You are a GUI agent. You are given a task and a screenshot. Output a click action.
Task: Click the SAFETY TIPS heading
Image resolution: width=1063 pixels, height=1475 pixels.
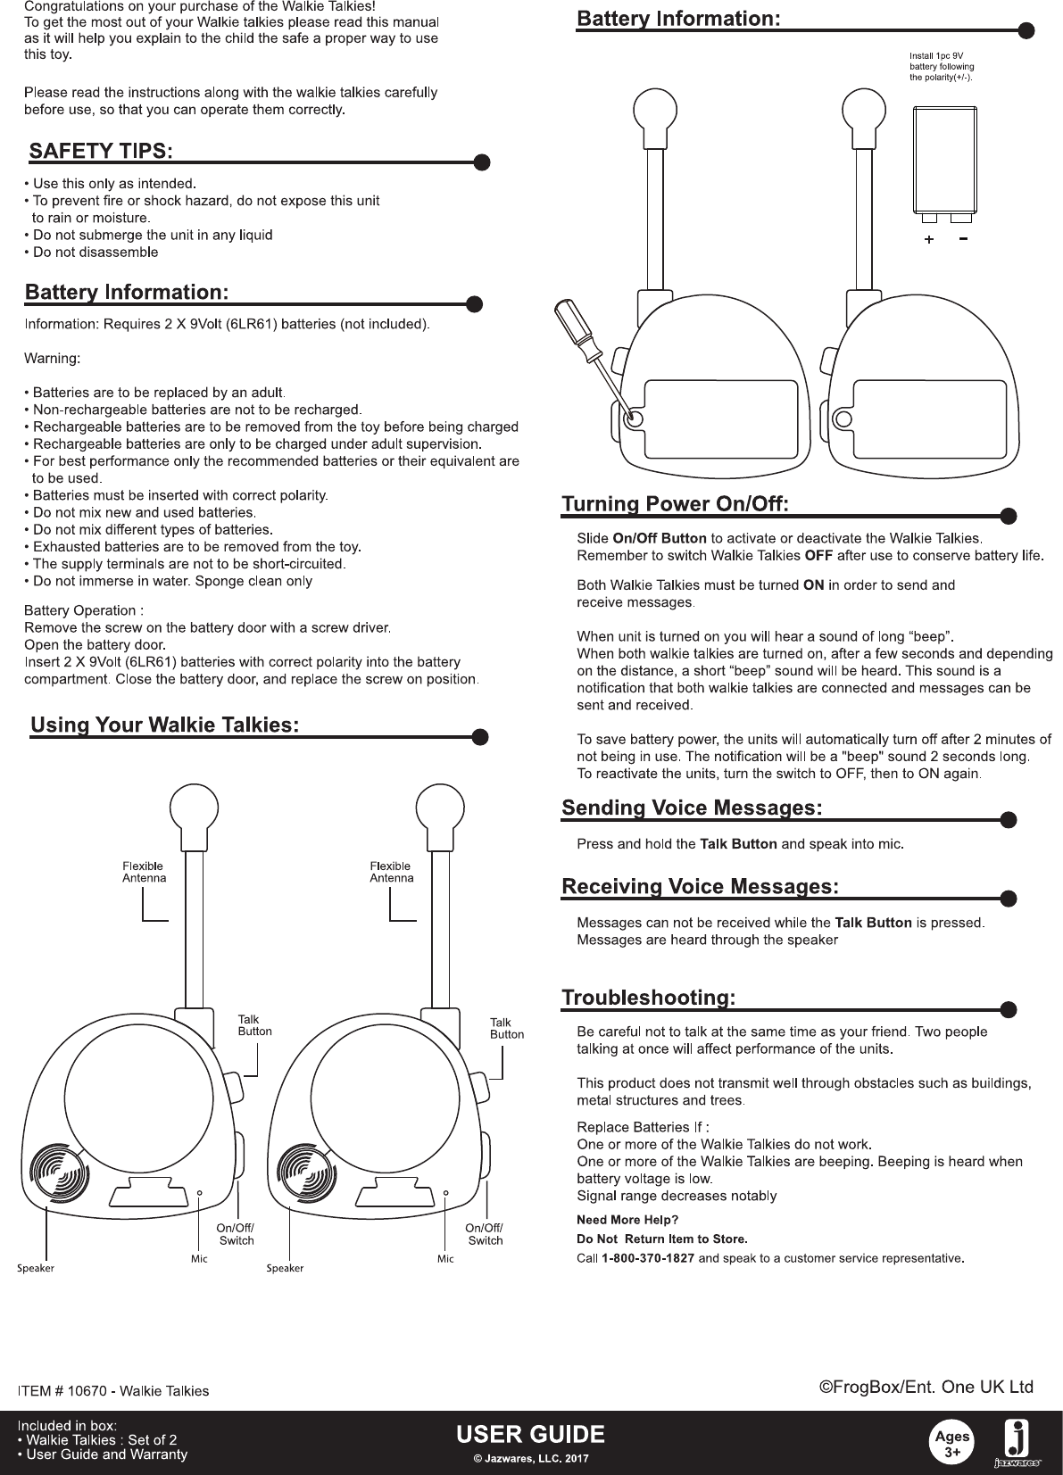pos(101,151)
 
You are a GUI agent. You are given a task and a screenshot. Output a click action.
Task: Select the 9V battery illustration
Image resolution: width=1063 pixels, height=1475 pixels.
pos(945,162)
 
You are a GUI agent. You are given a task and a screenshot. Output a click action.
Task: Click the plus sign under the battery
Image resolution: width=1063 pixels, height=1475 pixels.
pos(929,240)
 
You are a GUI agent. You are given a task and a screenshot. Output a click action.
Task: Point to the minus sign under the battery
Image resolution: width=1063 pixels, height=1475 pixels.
pos(963,239)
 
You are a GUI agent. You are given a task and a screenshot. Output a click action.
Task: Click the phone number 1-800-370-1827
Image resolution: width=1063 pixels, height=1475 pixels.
pos(648,1259)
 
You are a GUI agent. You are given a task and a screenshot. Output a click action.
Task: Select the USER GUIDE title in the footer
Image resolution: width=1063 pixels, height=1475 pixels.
pos(531,1435)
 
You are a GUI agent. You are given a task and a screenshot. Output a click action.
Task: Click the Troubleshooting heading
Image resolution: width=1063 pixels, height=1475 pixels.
pos(649,998)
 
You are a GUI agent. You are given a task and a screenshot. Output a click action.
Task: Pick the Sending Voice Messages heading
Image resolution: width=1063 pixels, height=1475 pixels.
pos(692,808)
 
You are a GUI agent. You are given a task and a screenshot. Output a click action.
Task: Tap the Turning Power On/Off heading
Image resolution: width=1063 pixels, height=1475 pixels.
pos(675,505)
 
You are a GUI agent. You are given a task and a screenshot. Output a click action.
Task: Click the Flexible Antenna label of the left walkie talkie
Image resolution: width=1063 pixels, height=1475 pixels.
pos(144,872)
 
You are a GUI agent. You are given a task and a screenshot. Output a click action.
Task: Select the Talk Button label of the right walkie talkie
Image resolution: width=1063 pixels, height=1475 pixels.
pos(507,1028)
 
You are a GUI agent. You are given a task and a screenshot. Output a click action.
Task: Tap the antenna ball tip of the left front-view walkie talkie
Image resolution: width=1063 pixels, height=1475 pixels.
pos(193,809)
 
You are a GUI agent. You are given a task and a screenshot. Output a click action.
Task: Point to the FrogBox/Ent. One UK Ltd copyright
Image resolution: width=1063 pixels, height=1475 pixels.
pos(926,1387)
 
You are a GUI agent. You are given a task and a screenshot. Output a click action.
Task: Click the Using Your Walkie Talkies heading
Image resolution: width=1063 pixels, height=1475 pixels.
pos(164,725)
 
